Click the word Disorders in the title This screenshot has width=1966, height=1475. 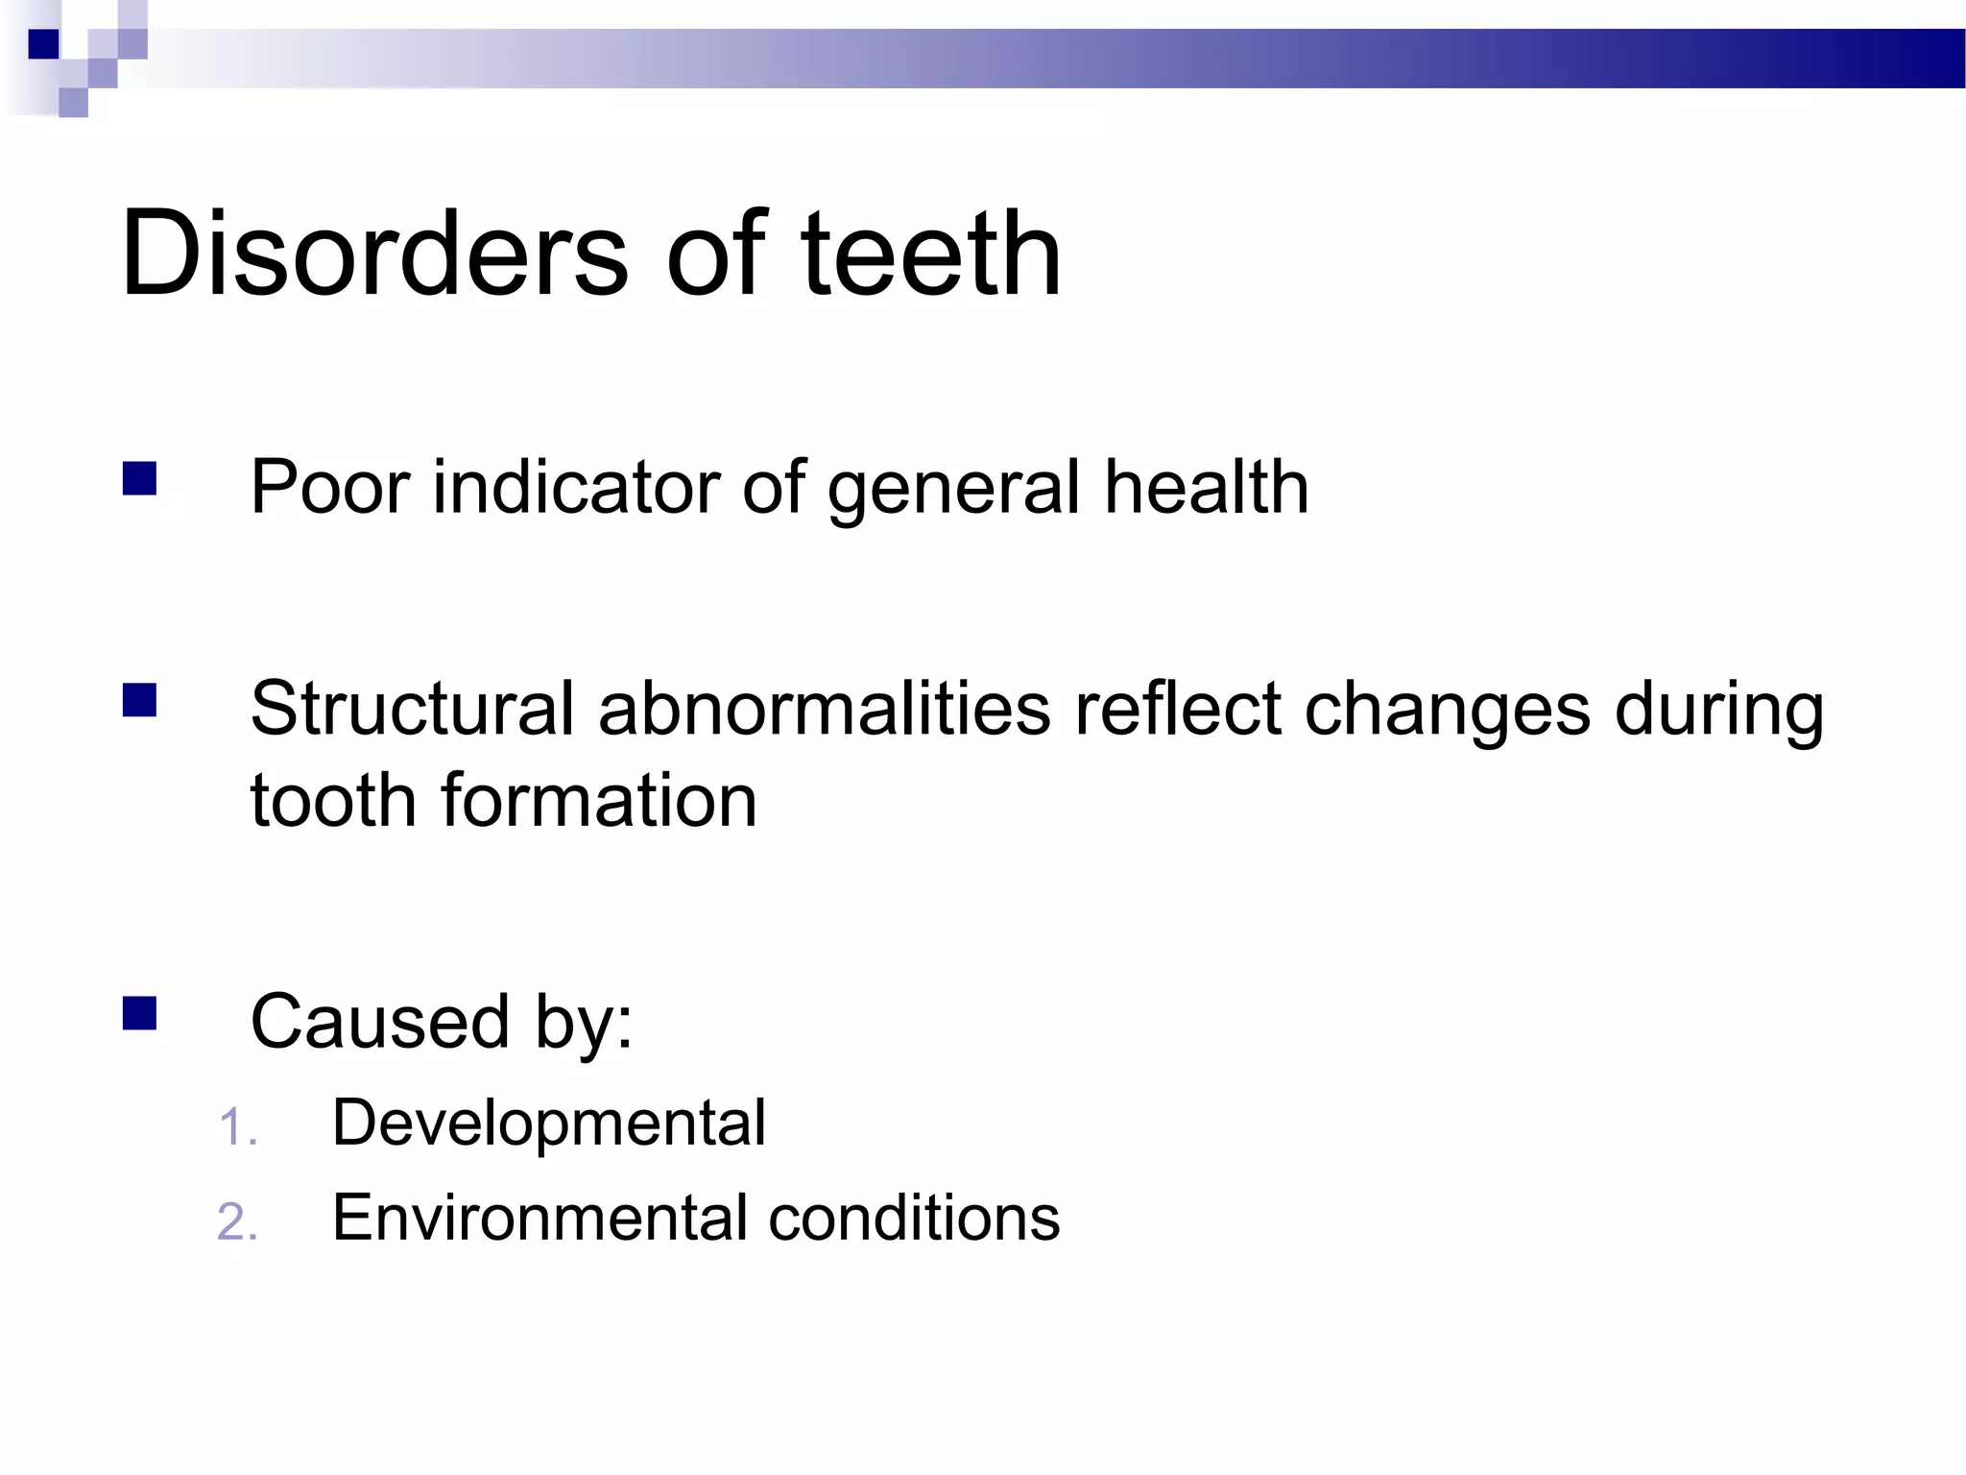pyautogui.click(x=374, y=254)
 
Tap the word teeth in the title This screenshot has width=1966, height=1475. pyautogui.click(x=931, y=254)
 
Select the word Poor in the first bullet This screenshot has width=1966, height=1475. pyautogui.click(x=331, y=488)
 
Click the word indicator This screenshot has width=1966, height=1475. pyautogui.click(x=576, y=488)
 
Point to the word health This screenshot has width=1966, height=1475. pyautogui.click(x=1206, y=488)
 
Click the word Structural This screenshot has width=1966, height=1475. pyautogui.click(x=413, y=709)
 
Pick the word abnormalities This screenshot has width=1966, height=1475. pyautogui.click(x=825, y=709)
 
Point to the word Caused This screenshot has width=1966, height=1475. pyautogui.click(x=380, y=1022)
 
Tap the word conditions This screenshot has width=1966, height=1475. pyautogui.click(x=914, y=1218)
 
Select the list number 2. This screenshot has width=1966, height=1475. pyautogui.click(x=236, y=1222)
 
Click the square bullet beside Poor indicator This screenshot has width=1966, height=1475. pyautogui.click(x=140, y=478)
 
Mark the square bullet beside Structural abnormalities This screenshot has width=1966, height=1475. pyautogui.click(x=140, y=700)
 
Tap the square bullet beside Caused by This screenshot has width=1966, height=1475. pyautogui.click(x=140, y=1013)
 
